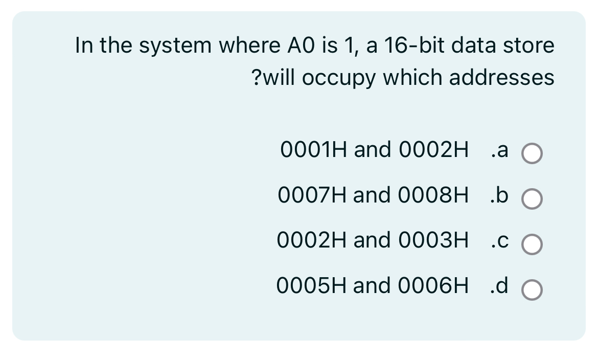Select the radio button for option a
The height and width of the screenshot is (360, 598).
(532, 154)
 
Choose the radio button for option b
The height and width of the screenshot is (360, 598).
(532, 199)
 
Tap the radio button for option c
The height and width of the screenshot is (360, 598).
(532, 244)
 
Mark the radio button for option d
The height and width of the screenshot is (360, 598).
(532, 289)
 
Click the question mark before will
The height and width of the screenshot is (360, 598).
(257, 78)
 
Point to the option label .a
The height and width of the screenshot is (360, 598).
(499, 150)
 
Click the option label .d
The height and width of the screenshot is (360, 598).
(498, 285)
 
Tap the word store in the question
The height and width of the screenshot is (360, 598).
(532, 46)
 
